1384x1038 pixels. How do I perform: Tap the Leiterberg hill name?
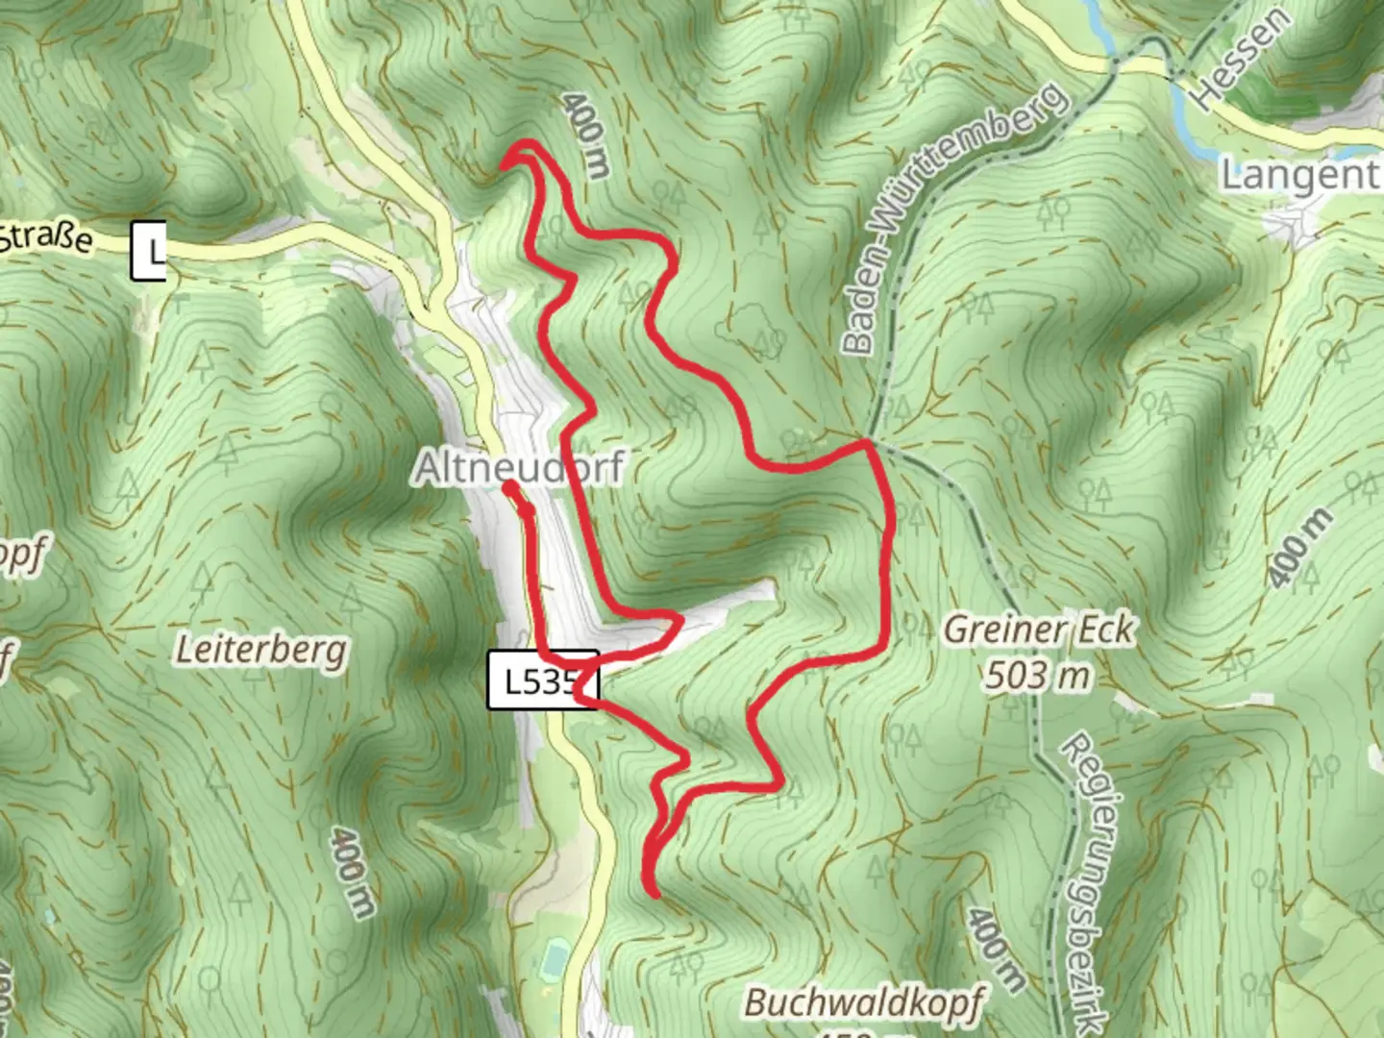261,651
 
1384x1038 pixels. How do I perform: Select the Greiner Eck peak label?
1039,630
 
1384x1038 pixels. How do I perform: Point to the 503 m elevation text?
1039,675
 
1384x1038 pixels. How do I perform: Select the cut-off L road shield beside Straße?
149,251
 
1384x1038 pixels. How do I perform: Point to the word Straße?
48,235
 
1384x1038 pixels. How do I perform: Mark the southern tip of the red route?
655,894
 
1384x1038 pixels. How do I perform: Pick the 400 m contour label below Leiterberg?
352,872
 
